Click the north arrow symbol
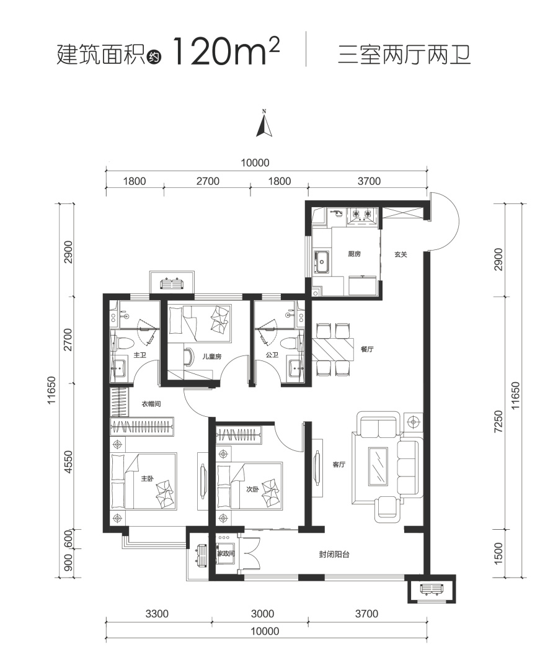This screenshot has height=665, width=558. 263,123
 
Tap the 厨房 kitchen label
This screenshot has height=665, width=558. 354,254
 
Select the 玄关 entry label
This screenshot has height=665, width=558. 401,254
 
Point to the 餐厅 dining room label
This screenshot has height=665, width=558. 367,349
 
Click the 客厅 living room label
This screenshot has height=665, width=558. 339,465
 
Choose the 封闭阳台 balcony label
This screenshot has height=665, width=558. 334,555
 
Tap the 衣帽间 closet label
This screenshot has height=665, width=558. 151,404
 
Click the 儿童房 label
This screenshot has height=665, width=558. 212,357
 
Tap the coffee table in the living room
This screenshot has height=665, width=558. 378,466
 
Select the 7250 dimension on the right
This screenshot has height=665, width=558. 498,422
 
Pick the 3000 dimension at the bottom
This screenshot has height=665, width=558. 262,614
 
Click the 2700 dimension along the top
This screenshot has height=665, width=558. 208,181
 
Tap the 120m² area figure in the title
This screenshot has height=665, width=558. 226,51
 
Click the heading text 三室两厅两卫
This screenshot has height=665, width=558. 404,56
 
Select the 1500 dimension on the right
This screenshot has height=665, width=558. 498,553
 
